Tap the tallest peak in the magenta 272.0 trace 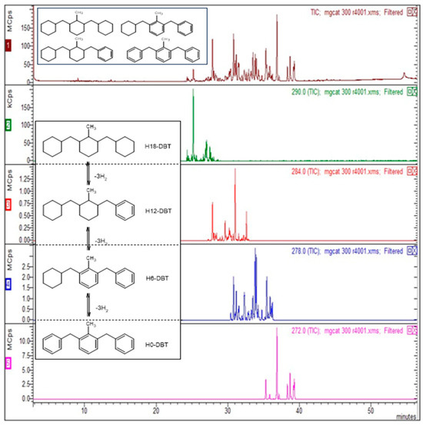pos(277,329)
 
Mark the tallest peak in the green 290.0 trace pos(192,91)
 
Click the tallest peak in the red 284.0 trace pos(235,169)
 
